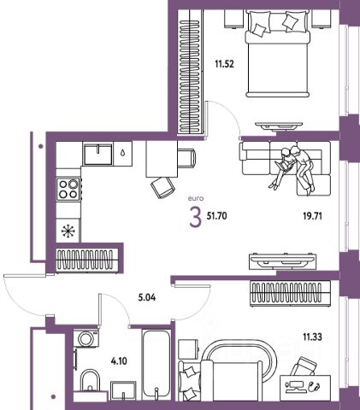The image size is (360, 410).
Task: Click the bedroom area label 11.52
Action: click(224, 64)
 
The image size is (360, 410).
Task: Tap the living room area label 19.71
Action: click(312, 216)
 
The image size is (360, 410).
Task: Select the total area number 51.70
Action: click(216, 216)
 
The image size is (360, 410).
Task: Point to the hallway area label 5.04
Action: click(147, 298)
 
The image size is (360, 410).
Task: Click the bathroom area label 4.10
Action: click(119, 361)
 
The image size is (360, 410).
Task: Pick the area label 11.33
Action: click(312, 337)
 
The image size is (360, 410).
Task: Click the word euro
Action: click(196, 198)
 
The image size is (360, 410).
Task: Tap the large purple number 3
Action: click(196, 217)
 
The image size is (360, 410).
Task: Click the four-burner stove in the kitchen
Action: click(68, 189)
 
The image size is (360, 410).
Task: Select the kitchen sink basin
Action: click(97, 155)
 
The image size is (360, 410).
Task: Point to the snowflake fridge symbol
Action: click(68, 231)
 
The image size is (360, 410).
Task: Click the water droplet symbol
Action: click(123, 153)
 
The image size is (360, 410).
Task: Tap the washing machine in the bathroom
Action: click(86, 338)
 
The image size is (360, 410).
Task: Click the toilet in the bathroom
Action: click(90, 380)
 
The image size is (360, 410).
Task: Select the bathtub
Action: click(156, 364)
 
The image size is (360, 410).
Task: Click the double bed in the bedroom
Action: click(278, 54)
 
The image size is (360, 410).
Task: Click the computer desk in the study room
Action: click(305, 388)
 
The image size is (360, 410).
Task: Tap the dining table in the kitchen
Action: click(162, 159)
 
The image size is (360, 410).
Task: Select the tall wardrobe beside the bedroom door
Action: click(191, 72)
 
